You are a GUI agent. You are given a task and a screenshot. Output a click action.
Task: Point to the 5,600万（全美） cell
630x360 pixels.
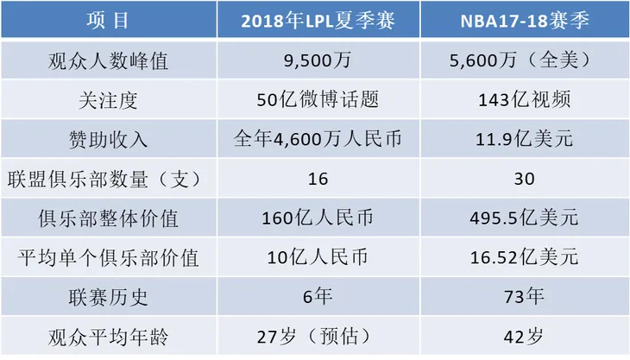523,60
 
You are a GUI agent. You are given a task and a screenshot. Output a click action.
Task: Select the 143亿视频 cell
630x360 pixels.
523,100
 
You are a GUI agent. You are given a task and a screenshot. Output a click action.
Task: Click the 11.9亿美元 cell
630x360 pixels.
523,139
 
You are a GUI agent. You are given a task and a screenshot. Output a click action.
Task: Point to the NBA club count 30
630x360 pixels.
523,179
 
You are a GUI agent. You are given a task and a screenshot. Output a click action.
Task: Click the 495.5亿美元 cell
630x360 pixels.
523,218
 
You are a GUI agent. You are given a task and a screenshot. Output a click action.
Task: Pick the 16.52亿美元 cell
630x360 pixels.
523,257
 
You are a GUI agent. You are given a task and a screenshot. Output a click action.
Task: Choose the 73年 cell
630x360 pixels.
523,297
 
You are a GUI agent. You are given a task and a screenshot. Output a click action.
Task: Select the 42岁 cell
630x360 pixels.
523,336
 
